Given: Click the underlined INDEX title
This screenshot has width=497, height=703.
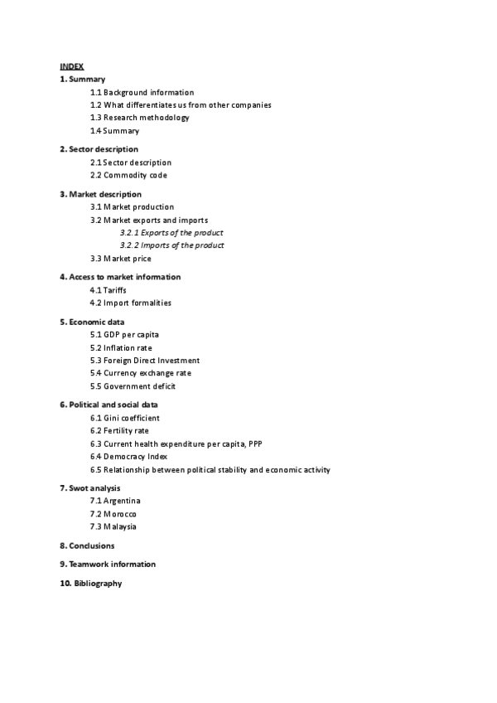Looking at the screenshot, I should pos(71,65).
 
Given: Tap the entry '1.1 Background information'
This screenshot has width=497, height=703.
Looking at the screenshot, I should pos(142,92).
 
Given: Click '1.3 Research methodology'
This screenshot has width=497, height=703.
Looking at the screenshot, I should pos(139,118).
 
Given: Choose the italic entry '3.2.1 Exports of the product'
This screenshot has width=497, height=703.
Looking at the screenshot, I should pos(171,233).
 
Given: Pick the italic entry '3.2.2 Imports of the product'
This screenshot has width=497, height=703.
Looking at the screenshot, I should pos(171,245).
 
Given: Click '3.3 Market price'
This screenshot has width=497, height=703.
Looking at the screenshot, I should pos(120,259).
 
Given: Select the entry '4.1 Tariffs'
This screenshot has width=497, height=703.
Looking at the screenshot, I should pos(108,290).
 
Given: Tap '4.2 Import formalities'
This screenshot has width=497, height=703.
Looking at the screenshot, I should pos(131,303).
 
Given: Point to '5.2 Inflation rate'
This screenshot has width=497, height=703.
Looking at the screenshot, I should pos(121,347).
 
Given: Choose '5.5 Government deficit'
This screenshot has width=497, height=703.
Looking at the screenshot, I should pos(133,385).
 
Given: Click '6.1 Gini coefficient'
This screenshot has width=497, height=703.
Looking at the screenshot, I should pos(124,418).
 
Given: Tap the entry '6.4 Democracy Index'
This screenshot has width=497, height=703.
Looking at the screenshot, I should pos(128,456).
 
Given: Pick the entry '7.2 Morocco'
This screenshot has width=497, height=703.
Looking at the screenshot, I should pos(113,514).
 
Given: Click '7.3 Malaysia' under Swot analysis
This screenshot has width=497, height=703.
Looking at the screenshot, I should pos(113,526).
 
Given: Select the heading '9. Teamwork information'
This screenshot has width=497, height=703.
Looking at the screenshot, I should pos(107,565).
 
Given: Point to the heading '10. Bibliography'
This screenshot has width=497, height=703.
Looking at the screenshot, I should pos(90,584).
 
